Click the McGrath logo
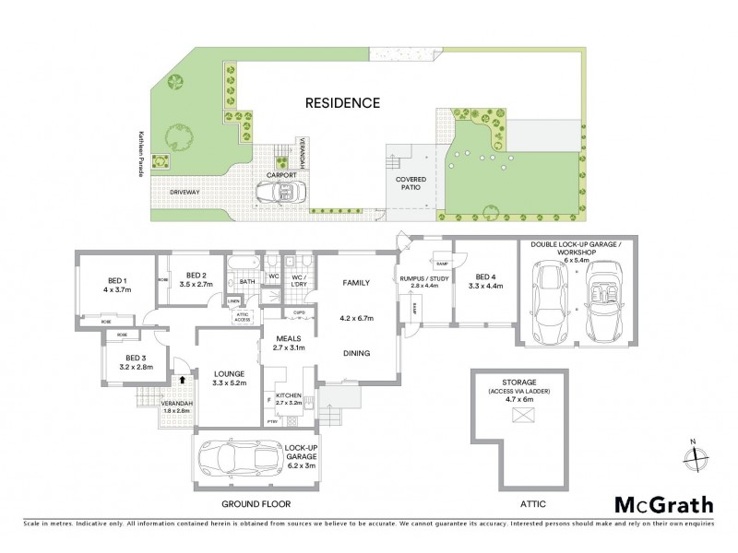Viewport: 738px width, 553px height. click(663, 504)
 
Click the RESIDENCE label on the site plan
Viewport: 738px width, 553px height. click(342, 103)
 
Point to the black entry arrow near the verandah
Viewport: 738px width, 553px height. click(183, 377)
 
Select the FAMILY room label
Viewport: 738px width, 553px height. click(356, 283)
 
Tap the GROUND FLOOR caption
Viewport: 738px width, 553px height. click(256, 504)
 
